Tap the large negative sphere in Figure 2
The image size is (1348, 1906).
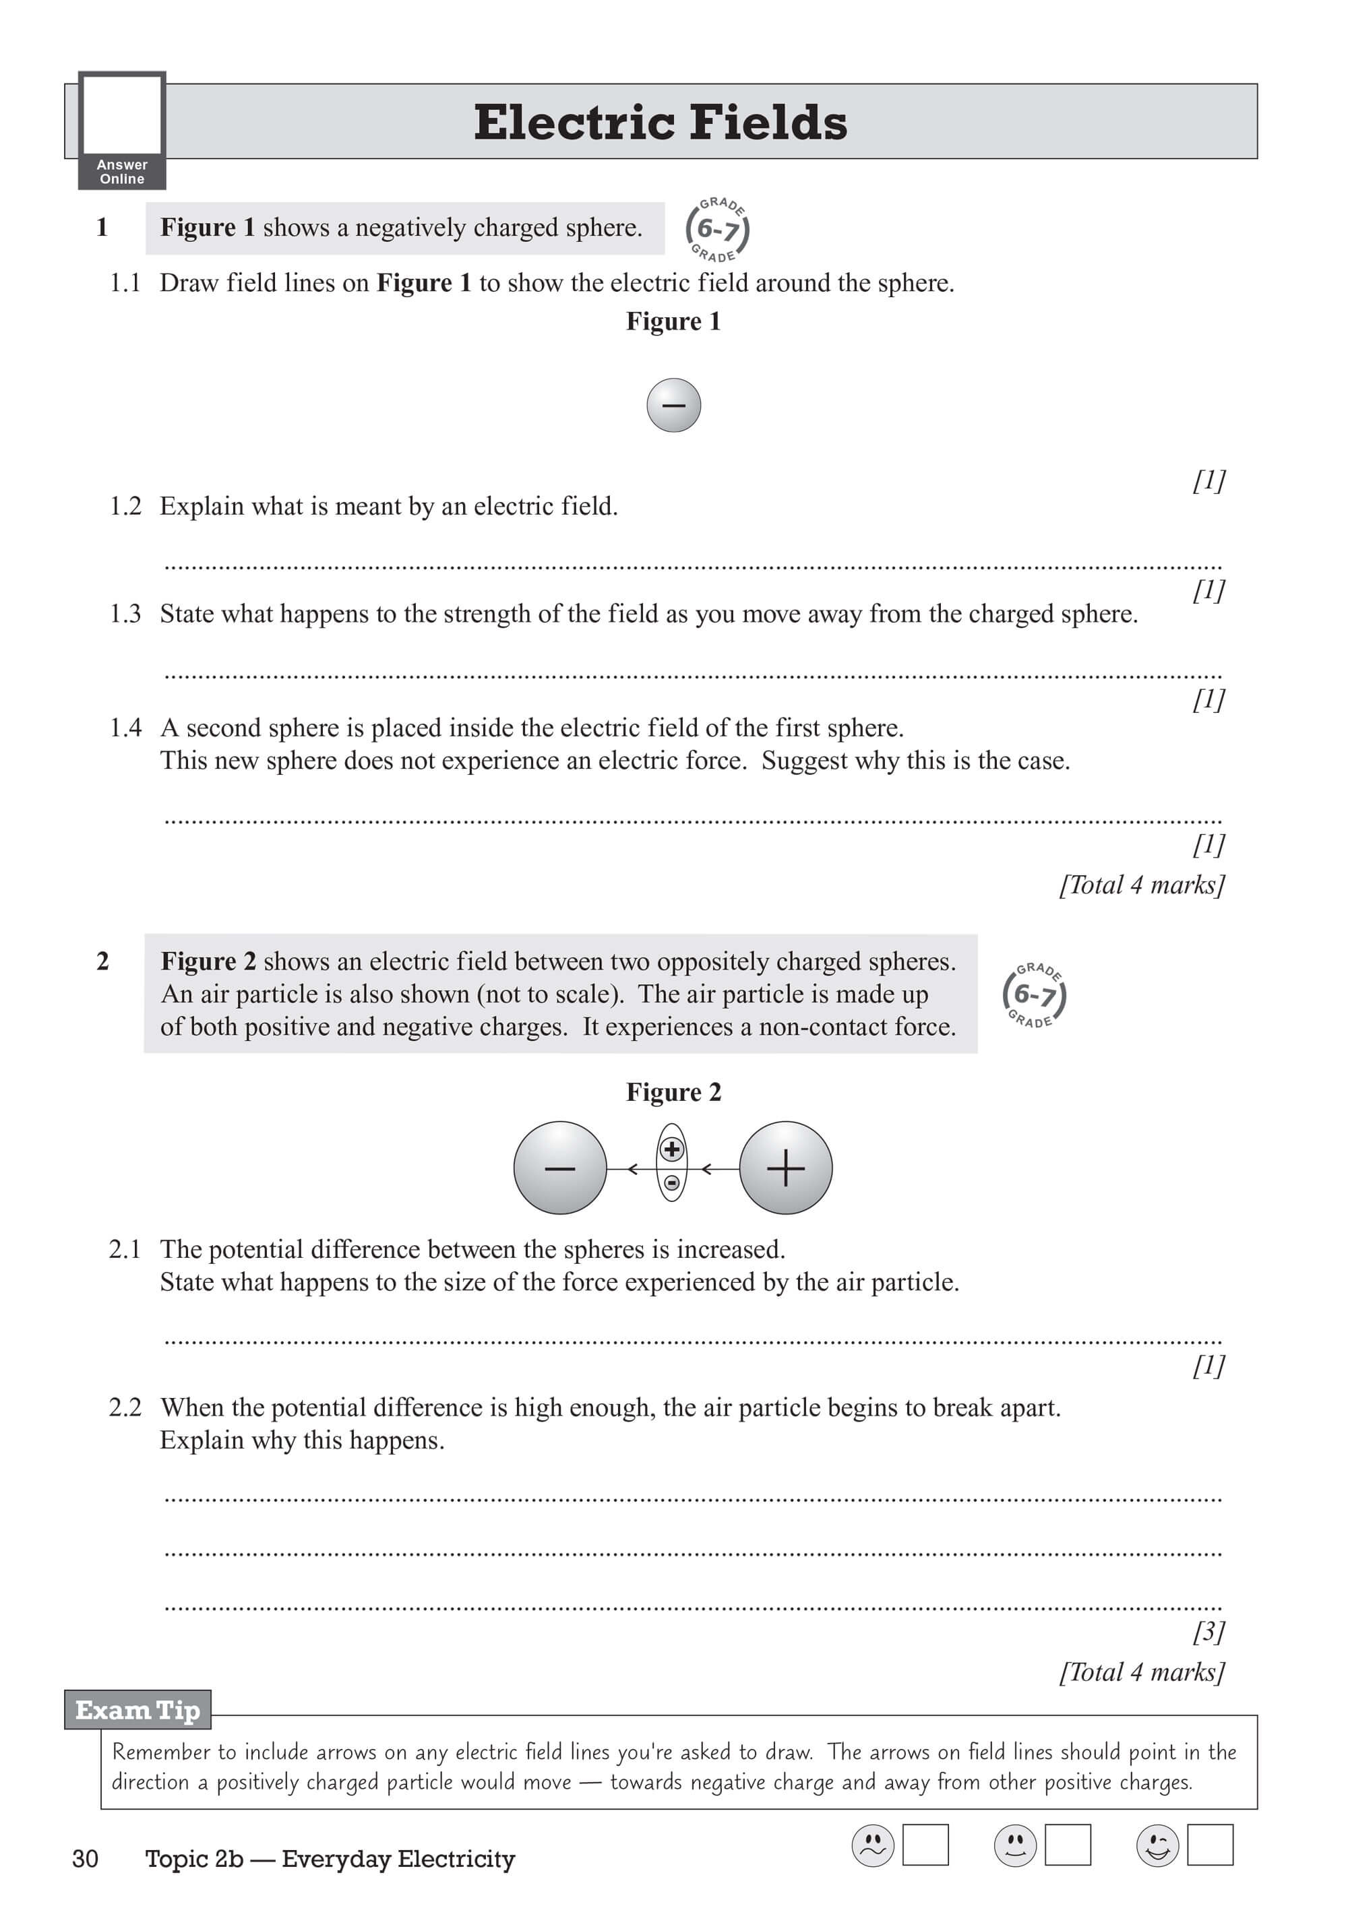point(560,1168)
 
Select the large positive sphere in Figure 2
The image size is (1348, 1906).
point(786,1168)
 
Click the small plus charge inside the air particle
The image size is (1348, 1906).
point(672,1150)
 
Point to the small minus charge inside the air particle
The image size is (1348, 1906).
point(672,1183)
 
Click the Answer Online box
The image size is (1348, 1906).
point(122,130)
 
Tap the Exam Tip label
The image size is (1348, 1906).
point(138,1710)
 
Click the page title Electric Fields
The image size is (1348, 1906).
point(661,123)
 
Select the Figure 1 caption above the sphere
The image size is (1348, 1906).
point(673,321)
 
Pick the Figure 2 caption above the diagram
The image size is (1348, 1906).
point(673,1091)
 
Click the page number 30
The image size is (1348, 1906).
point(86,1859)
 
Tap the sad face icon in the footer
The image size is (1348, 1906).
point(873,1845)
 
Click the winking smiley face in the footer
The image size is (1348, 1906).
point(1157,1845)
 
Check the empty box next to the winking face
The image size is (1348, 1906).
point(1210,1845)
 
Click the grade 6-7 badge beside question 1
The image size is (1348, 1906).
point(718,229)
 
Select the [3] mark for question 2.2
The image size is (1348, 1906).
point(1208,1631)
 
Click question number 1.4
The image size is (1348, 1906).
point(125,728)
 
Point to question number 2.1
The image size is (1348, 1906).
point(125,1249)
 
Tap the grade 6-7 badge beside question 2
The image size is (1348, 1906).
point(1034,994)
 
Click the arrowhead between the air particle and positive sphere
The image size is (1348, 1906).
point(707,1169)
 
